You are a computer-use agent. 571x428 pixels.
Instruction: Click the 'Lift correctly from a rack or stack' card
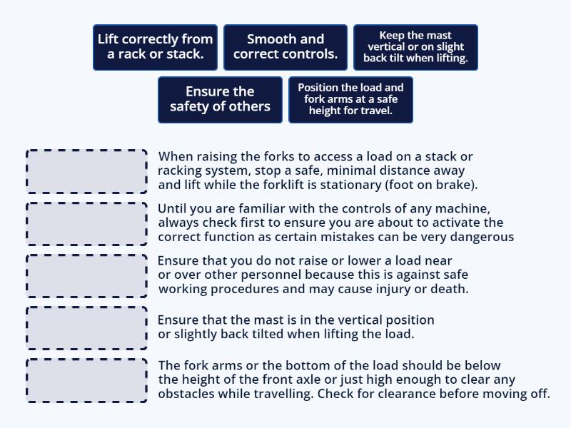[155, 47]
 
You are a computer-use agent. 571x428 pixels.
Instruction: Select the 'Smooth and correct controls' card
[285, 47]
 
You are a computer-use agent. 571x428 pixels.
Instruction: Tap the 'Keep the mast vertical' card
[415, 47]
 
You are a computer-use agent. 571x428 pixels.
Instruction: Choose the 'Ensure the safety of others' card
[220, 99]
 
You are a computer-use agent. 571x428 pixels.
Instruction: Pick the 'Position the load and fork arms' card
[350, 99]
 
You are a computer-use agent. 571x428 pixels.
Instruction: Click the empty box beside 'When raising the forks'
[87, 171]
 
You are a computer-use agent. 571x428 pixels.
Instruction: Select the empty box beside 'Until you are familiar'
[87, 223]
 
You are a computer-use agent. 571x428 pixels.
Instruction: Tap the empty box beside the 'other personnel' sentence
[87, 275]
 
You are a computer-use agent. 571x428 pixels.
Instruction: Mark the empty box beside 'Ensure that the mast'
[87, 327]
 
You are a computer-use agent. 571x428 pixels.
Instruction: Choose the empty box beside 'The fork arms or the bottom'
[87, 380]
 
